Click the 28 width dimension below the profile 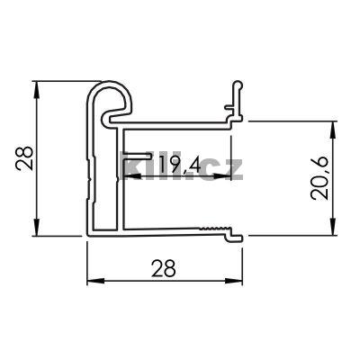(165, 266)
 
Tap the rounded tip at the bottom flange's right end (239, 236)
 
